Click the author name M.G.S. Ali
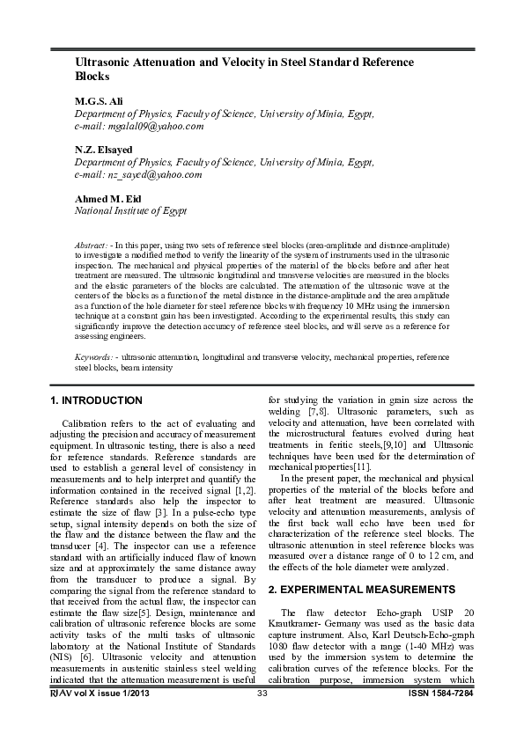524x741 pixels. coord(104,102)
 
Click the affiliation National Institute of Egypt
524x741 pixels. coord(130,211)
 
